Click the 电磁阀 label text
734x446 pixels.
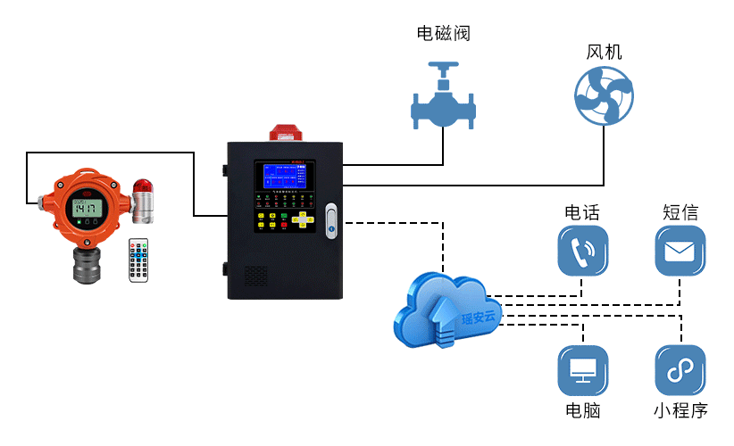[x=443, y=35]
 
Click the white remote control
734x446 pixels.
[x=138, y=260]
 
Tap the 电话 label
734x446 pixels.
[x=582, y=213]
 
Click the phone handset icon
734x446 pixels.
[x=582, y=251]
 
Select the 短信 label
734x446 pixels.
[x=680, y=213]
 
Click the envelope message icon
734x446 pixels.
[x=680, y=251]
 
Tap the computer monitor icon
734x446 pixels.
[x=583, y=370]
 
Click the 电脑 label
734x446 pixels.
[x=583, y=410]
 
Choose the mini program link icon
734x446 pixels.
[x=680, y=370]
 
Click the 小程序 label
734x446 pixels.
[x=680, y=410]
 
